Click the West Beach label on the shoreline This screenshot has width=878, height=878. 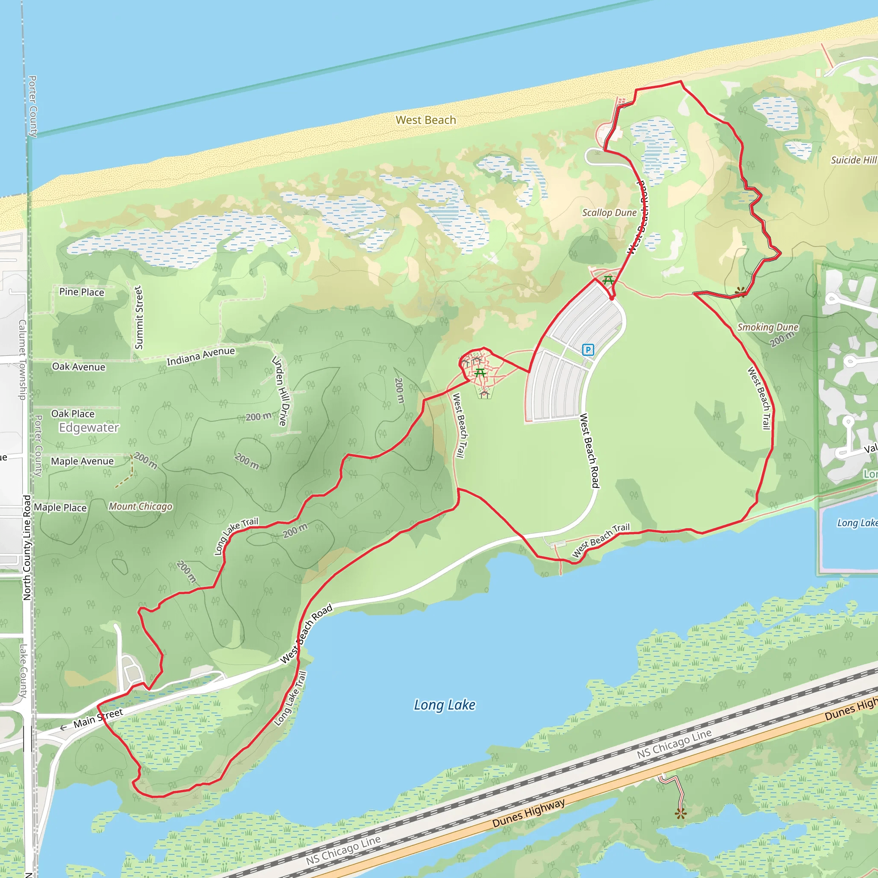[425, 120]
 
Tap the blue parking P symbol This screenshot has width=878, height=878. [588, 349]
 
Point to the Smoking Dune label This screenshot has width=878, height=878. [767, 327]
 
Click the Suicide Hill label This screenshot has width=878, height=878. [853, 160]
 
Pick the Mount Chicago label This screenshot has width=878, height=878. [141, 506]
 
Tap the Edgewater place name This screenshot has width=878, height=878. [89, 427]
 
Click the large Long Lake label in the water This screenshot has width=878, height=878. [444, 705]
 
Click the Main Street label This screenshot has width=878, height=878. [98, 718]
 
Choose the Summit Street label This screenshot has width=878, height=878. [139, 317]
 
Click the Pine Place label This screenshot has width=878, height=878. [82, 292]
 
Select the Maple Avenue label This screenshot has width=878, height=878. [82, 461]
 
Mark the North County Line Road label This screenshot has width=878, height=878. [27, 547]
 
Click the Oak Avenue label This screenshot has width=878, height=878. [78, 367]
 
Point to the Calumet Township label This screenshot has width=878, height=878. [22, 359]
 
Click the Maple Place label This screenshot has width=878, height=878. [60, 508]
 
